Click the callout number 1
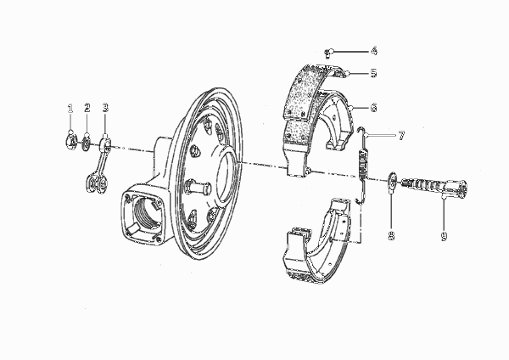[70, 109]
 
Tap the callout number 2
[87, 108]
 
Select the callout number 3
[105, 108]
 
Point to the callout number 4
[374, 51]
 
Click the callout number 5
[374, 73]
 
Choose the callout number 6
[374, 107]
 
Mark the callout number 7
[401, 135]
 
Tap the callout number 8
[391, 235]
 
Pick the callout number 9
[444, 236]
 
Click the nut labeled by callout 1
[70, 142]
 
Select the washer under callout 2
[87, 143]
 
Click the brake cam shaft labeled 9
[434, 188]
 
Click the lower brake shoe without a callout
[319, 241]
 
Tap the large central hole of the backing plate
[227, 177]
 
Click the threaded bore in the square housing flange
[147, 213]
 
